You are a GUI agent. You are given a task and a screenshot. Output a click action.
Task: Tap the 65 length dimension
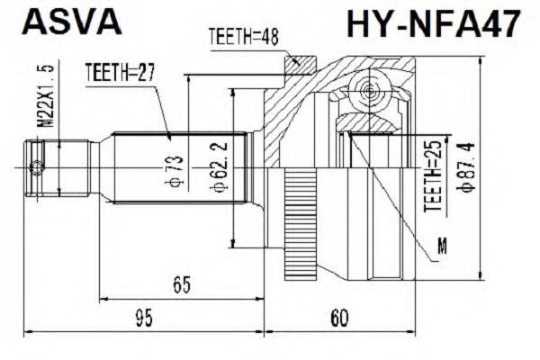pos(182,285)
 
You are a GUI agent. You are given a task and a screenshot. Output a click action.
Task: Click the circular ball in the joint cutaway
pos(368,91)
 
